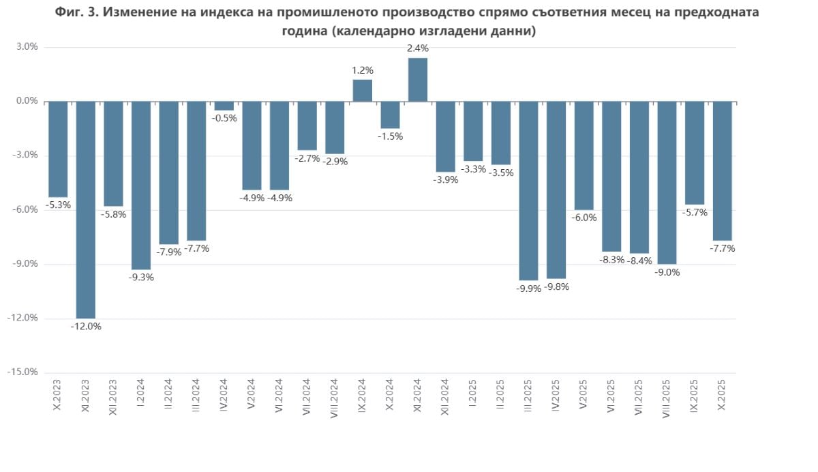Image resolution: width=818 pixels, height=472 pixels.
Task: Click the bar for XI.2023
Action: click(86, 209)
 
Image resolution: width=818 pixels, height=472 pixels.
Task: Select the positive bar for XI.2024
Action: click(418, 80)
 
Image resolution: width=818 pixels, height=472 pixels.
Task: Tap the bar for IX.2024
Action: click(363, 91)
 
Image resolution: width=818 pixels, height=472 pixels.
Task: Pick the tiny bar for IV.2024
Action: click(224, 106)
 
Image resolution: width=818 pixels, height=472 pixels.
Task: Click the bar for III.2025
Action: click(529, 190)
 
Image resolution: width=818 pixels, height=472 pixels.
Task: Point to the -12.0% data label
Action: click(86, 326)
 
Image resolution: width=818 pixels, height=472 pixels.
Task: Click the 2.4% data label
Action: click(418, 48)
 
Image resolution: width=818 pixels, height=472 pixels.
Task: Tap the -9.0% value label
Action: click(667, 271)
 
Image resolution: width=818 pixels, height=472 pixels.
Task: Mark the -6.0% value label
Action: click(584, 218)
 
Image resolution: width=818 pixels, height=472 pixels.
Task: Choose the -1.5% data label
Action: click(391, 136)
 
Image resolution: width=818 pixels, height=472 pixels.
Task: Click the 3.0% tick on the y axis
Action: click(27, 47)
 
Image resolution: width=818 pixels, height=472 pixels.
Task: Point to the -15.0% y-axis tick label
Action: click(24, 372)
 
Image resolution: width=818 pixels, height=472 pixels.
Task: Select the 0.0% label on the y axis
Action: click(27, 101)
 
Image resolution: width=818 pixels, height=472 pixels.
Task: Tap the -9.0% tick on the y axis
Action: click(26, 264)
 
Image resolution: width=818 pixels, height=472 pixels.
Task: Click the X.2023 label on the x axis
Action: click(58, 396)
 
